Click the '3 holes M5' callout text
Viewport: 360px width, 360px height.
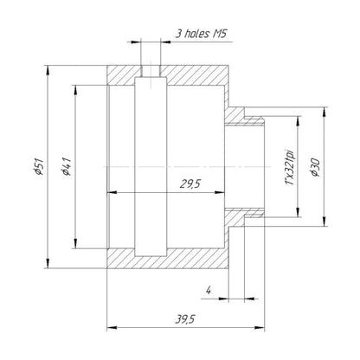tap(201, 34)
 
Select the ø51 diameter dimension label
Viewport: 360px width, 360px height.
tap(38, 166)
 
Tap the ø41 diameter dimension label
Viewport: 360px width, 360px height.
tap(66, 167)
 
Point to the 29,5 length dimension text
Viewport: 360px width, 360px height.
tap(190, 183)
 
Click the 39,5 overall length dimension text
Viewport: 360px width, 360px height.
tap(185, 319)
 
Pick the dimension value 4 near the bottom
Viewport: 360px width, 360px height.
tap(209, 291)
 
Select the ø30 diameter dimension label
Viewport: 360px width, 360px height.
tap(315, 167)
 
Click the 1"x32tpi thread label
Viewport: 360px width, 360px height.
tap(290, 167)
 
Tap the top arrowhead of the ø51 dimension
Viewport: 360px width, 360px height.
tap(48, 70)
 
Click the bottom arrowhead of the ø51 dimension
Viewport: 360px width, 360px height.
tap(48, 263)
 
